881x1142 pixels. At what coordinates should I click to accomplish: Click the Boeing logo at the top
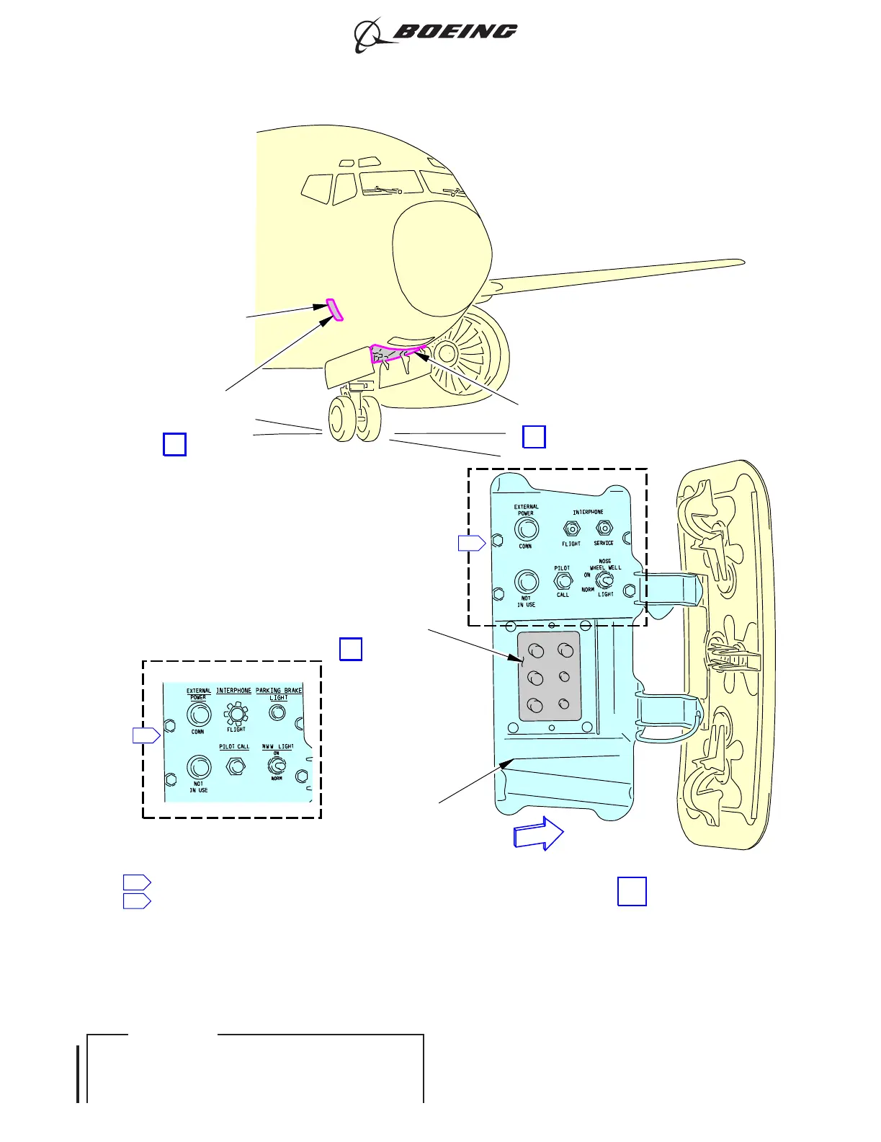pos(436,34)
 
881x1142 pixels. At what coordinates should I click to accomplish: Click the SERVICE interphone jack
pos(604,528)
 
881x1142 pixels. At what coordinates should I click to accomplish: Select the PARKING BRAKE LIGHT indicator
pos(277,713)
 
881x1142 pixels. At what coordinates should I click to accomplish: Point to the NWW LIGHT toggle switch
pos(275,765)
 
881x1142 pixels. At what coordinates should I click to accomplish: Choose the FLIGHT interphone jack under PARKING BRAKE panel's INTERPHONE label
pos(236,714)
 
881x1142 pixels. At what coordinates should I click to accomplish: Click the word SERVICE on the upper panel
pos(604,543)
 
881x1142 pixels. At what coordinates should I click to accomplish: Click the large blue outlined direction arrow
pos(537,834)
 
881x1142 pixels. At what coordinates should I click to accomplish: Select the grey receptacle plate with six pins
pos(549,676)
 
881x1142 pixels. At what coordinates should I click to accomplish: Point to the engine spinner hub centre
pos(445,353)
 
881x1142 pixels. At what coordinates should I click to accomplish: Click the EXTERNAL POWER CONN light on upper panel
pos(526,529)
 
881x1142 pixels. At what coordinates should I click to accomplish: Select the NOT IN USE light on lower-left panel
pos(199,767)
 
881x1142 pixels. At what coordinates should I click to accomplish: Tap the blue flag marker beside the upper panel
pos(472,543)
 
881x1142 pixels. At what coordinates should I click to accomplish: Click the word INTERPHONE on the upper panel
pos(588,512)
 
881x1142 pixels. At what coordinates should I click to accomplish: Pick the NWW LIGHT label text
pos(277,747)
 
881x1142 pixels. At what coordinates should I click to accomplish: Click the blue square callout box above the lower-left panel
pos(351,649)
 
